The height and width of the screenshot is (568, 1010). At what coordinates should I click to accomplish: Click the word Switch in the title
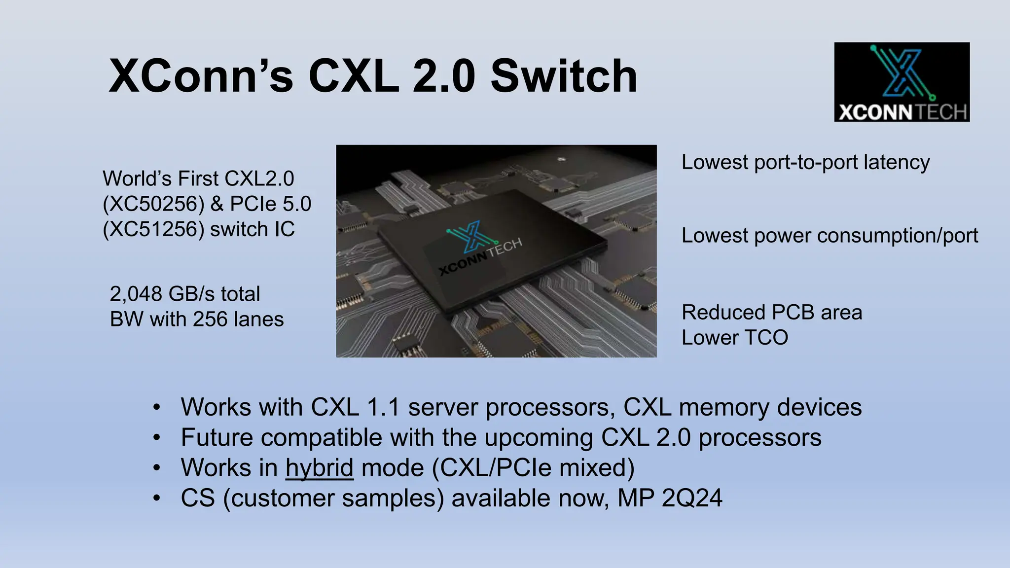[x=564, y=76]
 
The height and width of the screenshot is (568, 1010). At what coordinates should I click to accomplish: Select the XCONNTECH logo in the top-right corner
[x=902, y=82]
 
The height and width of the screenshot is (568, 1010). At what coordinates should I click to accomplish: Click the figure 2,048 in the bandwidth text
[x=136, y=294]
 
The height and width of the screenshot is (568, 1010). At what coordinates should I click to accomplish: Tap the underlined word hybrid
[x=319, y=468]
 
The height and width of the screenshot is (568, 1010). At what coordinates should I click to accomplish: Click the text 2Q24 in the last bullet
[x=691, y=498]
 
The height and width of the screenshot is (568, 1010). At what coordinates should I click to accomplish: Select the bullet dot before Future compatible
[x=157, y=438]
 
